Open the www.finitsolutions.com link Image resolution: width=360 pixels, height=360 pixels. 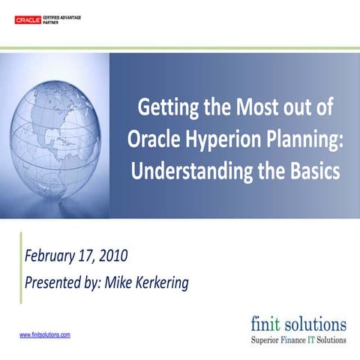[x=44, y=334]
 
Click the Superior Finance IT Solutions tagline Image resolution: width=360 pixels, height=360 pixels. [x=298, y=340]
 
